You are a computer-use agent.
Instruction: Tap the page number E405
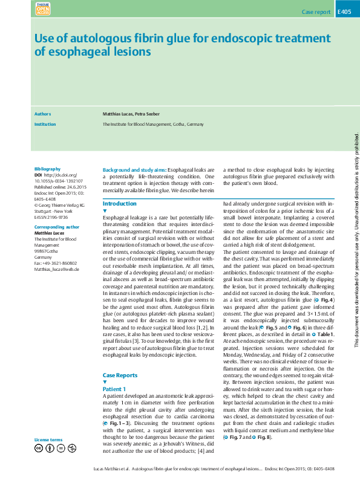343,11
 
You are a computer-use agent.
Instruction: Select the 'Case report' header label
316,12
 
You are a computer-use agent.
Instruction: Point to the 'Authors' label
42,114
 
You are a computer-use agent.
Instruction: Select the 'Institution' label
45,124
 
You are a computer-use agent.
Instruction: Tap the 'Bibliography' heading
48,169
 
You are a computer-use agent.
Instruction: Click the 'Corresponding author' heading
57,227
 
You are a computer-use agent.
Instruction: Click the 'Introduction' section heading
120,204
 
